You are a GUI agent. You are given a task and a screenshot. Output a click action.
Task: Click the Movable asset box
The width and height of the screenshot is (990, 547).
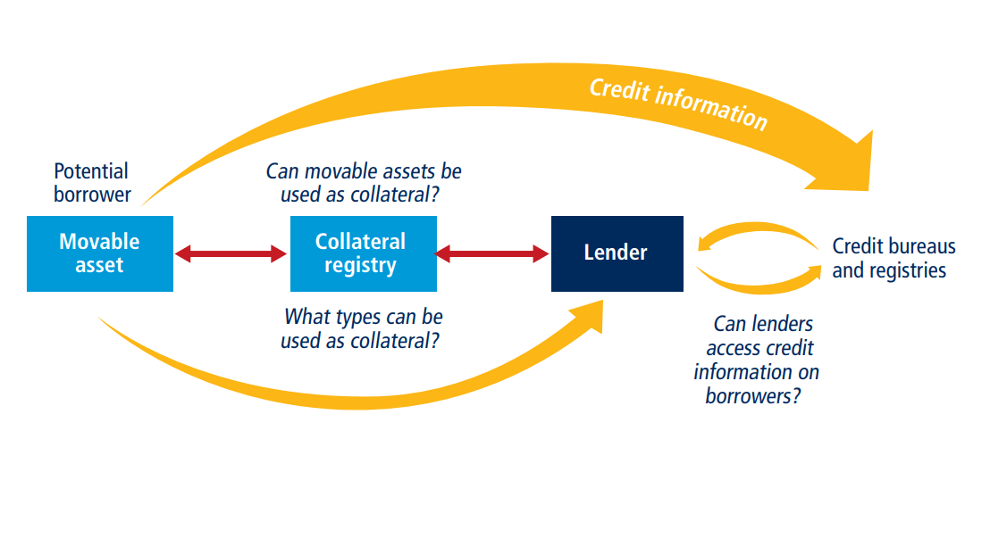click(x=99, y=253)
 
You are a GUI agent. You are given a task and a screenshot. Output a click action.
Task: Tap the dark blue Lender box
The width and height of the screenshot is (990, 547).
click(x=617, y=253)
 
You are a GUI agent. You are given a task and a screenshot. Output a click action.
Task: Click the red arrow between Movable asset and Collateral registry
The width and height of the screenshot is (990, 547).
click(x=231, y=254)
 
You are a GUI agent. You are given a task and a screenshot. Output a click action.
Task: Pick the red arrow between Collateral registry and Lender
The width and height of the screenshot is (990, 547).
click(x=492, y=254)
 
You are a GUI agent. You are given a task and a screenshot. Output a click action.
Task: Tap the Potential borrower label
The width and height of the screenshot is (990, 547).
click(x=91, y=182)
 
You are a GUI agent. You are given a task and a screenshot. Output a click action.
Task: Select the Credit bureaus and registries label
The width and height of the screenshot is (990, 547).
click(x=893, y=258)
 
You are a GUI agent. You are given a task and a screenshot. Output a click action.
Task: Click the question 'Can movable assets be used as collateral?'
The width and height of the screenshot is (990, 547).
click(x=364, y=182)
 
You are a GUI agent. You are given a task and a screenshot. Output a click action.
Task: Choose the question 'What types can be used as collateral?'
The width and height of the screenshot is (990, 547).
click(x=363, y=328)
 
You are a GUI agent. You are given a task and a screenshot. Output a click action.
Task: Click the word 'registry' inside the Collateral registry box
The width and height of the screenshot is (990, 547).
click(x=361, y=265)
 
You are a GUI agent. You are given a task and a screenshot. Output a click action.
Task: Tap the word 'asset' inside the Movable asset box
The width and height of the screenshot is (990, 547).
click(x=99, y=265)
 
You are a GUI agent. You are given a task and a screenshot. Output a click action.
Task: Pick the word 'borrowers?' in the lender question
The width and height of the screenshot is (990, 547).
click(x=752, y=395)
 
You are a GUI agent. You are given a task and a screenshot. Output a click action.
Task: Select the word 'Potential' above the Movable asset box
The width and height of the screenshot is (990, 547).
click(x=91, y=170)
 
